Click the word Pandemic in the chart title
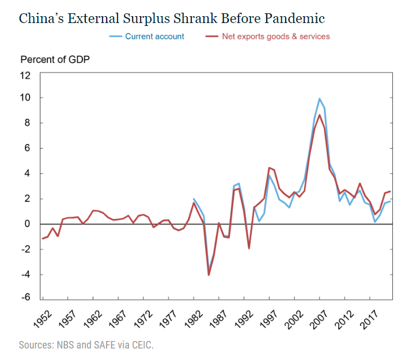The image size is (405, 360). tap(296, 18)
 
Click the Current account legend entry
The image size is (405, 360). tap(154, 36)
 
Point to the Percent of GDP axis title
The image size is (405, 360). tap(55, 59)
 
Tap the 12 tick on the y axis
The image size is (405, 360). tap(25, 75)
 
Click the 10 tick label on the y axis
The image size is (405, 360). tap(25, 98)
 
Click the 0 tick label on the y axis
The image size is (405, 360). tap(28, 224)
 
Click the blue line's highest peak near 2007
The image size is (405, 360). tap(320, 98)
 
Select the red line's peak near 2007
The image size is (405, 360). tap(320, 115)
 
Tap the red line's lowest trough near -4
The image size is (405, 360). tap(209, 275)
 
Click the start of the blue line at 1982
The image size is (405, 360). tap(194, 199)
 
